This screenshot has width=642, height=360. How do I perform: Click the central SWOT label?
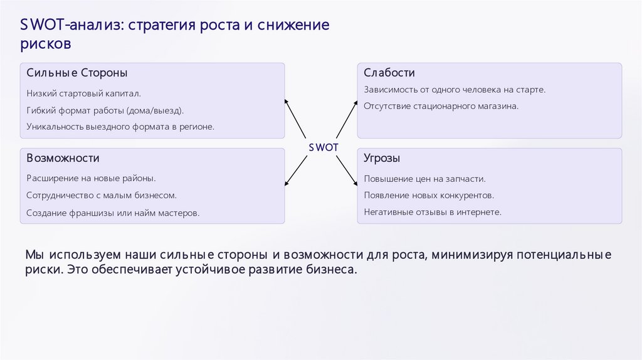(x=324, y=146)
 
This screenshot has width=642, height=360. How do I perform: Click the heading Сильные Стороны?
(x=77, y=73)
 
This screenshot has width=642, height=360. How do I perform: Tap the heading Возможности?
(x=63, y=158)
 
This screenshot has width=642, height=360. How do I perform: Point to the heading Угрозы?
(x=382, y=158)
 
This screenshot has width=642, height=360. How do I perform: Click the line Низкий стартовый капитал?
(x=84, y=93)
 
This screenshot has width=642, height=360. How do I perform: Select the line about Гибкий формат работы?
(x=105, y=110)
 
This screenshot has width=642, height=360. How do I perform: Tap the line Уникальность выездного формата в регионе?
(x=120, y=126)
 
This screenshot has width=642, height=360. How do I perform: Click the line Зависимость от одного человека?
(x=455, y=90)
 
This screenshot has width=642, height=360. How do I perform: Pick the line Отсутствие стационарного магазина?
(x=441, y=106)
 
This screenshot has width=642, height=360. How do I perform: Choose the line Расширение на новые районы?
(x=91, y=178)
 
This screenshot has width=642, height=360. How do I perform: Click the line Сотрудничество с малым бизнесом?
(x=102, y=195)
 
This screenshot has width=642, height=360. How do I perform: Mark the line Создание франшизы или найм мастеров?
(x=113, y=213)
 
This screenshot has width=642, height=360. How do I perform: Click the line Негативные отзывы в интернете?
(x=433, y=212)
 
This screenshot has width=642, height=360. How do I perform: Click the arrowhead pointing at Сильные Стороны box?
(x=287, y=100)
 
